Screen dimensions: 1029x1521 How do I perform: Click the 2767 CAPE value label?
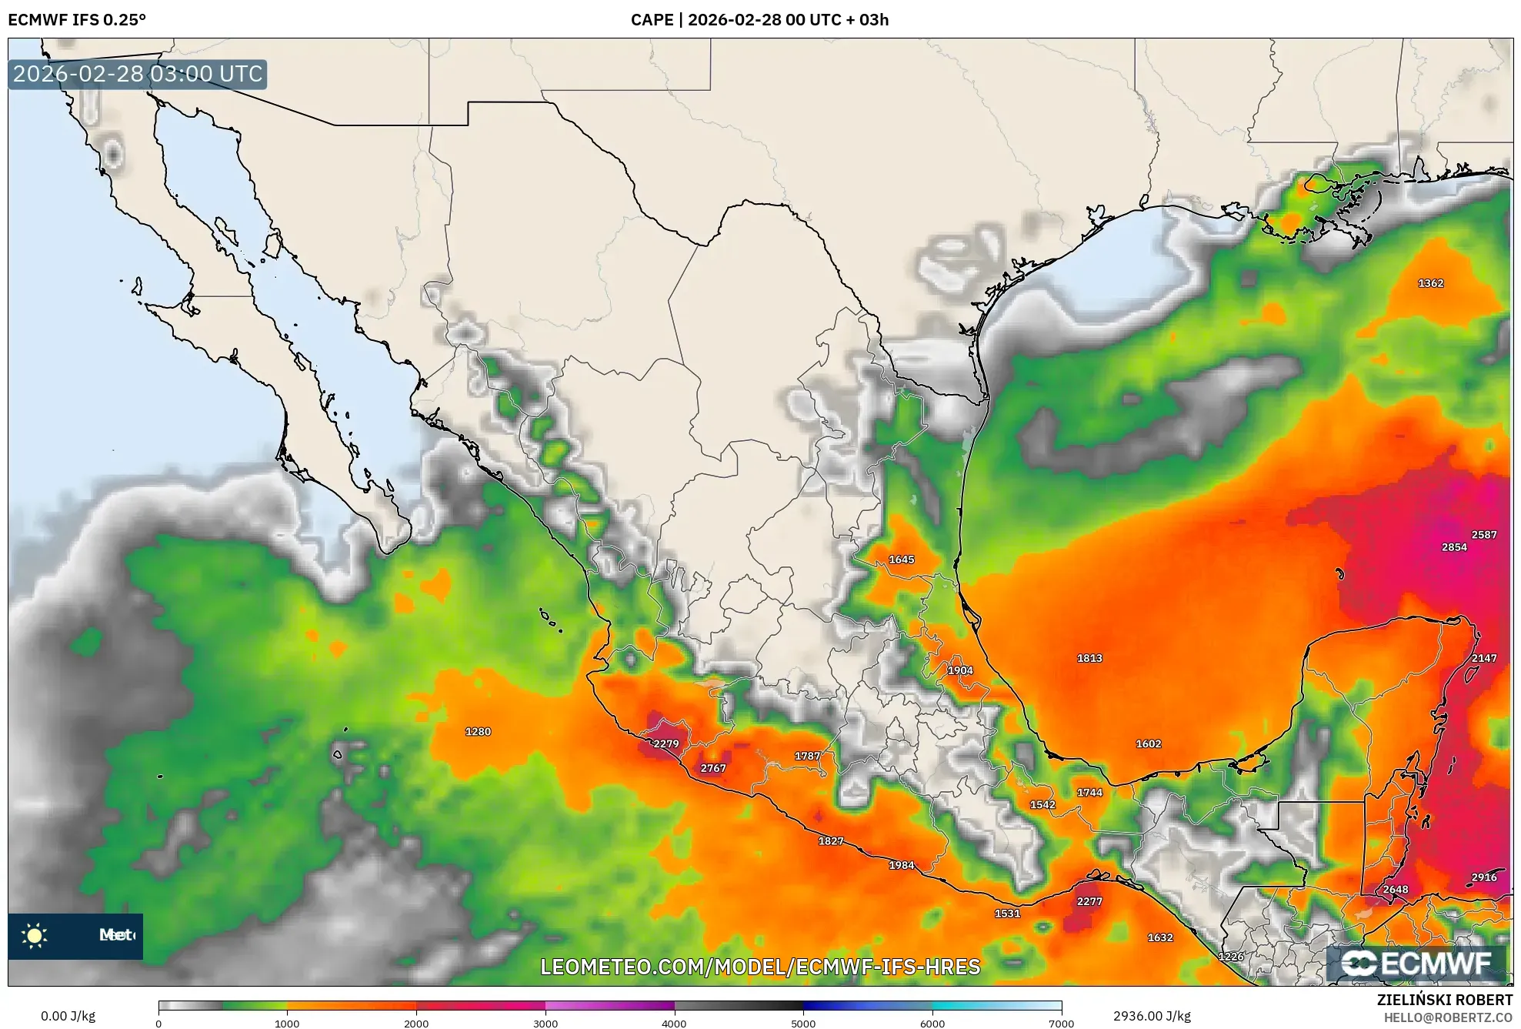[712, 768]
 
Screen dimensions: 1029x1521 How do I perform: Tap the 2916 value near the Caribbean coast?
[1483, 877]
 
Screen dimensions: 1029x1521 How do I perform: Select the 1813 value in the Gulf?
[1089, 658]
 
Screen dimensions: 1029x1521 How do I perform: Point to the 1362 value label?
[1430, 283]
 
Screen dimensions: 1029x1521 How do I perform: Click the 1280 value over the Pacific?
[477, 732]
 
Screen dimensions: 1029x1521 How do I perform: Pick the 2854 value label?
[1453, 547]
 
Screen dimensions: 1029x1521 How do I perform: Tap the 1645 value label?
[901, 560]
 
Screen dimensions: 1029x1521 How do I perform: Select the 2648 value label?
[1395, 890]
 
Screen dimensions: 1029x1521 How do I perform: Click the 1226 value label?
[1230, 957]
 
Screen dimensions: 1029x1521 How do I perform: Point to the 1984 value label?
[901, 865]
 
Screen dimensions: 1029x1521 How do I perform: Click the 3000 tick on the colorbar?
[545, 1023]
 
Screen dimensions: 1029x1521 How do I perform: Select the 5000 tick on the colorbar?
[803, 1023]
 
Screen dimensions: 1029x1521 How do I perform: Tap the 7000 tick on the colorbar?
[1061, 1023]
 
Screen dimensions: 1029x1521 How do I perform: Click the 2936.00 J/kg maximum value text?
[1152, 1016]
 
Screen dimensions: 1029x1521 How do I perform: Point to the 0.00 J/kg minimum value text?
[68, 1016]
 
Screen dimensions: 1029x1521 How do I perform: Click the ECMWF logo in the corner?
[1416, 963]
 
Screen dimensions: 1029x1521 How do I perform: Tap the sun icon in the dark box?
[35, 936]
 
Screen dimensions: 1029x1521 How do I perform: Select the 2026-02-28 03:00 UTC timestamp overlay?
[138, 74]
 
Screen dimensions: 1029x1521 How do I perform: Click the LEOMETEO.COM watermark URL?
[760, 967]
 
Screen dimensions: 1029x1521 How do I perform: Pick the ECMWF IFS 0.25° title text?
[77, 20]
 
